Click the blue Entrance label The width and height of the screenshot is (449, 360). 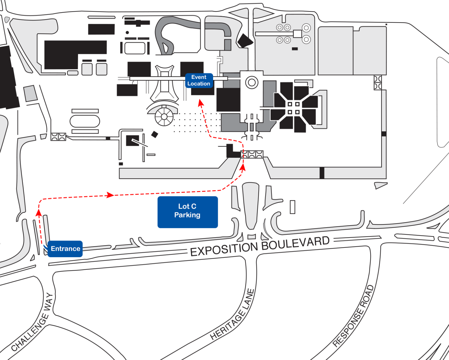(x=65, y=249)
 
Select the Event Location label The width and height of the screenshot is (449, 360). (x=199, y=80)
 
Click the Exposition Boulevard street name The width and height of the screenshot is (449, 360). (x=260, y=246)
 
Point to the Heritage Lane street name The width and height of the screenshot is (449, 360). (x=233, y=314)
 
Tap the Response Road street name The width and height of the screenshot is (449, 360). (x=353, y=316)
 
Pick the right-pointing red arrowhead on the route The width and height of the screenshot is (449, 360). (x=110, y=195)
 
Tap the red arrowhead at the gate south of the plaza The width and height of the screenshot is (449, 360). (x=243, y=167)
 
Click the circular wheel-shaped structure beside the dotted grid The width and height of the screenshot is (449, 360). (x=164, y=117)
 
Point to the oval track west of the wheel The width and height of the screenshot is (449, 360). (x=85, y=121)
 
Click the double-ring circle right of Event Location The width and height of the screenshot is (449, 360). (x=252, y=82)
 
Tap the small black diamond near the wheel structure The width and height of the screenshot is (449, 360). (x=154, y=134)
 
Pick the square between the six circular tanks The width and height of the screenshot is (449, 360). (x=297, y=34)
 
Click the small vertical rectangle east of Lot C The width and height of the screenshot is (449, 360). (x=292, y=207)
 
